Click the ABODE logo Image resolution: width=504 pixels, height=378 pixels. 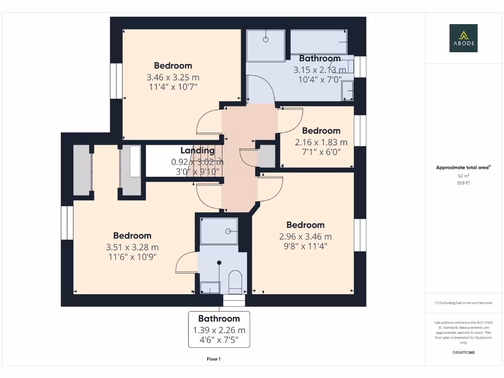(x=463, y=38)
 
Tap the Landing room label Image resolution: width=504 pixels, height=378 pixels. (x=197, y=151)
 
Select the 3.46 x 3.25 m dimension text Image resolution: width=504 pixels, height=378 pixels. (x=173, y=77)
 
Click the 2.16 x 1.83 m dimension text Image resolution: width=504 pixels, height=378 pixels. (x=321, y=142)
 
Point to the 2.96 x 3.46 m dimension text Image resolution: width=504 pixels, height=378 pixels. (x=305, y=237)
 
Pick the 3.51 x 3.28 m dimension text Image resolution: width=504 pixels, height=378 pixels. (x=132, y=247)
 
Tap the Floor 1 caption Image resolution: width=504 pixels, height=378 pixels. (x=214, y=359)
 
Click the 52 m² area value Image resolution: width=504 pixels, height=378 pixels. (x=463, y=175)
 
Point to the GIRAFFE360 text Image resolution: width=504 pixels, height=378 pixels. (x=463, y=352)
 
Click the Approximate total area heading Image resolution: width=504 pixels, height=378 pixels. (x=463, y=167)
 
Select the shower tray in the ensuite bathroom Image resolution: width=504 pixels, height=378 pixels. (x=219, y=231)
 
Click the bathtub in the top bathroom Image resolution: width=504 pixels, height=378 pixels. (x=319, y=42)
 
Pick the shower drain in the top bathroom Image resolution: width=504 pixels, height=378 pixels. (x=266, y=39)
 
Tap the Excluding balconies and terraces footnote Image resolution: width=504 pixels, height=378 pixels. (x=463, y=303)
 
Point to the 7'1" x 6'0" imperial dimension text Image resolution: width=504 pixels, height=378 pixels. (x=321, y=152)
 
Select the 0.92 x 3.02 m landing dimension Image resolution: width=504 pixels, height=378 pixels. (x=197, y=161)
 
